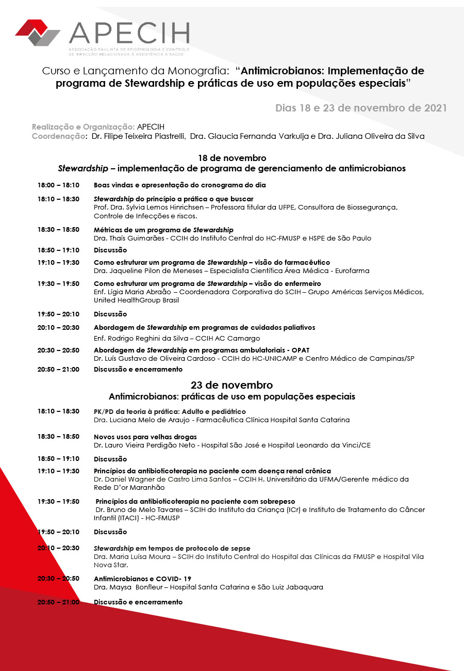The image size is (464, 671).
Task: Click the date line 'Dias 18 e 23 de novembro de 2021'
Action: (x=361, y=108)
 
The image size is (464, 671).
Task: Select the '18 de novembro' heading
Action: (x=232, y=158)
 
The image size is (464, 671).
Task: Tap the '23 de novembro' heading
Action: (x=232, y=385)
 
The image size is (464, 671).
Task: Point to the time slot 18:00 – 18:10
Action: (x=58, y=185)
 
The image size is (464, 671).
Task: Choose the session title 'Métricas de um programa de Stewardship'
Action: (x=163, y=230)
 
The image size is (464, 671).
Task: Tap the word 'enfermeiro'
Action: (x=302, y=283)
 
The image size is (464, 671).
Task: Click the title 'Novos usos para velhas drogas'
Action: (x=145, y=437)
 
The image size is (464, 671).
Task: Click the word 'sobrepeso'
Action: (x=277, y=501)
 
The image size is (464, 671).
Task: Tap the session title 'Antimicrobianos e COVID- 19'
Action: (x=142, y=579)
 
